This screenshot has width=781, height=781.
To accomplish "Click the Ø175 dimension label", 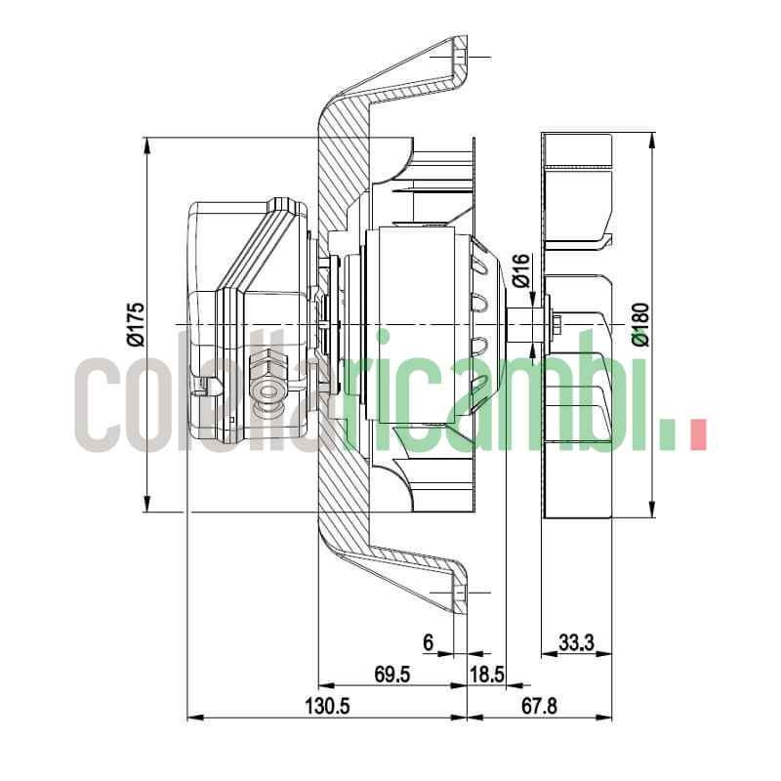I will [136, 324].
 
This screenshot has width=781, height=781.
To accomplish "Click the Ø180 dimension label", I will [640, 324].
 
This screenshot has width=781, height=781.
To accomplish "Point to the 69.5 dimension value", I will [391, 674].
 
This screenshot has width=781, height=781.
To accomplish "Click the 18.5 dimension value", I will [486, 674].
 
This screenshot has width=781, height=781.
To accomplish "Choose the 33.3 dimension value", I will [577, 642].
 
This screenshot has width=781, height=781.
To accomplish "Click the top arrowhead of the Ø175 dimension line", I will [146, 144].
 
